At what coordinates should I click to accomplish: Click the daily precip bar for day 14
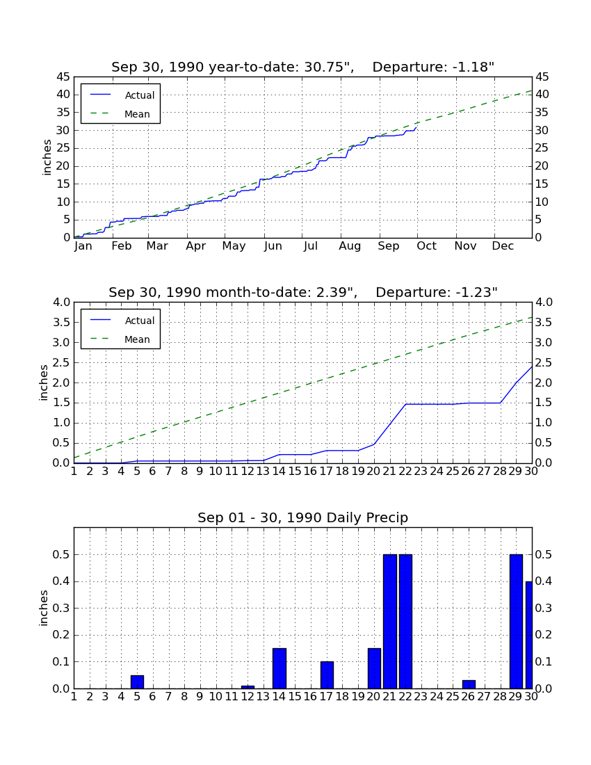click(x=280, y=668)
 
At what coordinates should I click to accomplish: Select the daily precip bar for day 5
click(x=137, y=682)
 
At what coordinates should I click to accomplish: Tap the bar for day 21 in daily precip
click(x=390, y=622)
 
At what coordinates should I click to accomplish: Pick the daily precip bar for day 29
click(x=516, y=622)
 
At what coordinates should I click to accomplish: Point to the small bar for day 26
click(x=469, y=684)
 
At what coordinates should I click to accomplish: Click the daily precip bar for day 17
click(x=327, y=675)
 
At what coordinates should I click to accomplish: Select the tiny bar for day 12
click(x=248, y=687)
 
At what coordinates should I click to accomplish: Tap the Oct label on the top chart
click(x=426, y=246)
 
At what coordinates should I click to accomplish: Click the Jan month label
click(x=83, y=246)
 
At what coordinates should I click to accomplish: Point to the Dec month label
click(x=503, y=246)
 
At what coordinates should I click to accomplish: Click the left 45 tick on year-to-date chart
click(x=63, y=77)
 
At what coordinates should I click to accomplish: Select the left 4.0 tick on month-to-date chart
click(x=61, y=303)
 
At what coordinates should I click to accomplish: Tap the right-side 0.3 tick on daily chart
click(x=544, y=609)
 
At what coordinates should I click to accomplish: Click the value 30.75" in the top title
click(x=329, y=67)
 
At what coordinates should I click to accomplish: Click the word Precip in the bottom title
click(x=387, y=518)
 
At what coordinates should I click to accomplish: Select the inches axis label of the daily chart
click(x=44, y=609)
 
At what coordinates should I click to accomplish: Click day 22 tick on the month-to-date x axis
click(x=405, y=472)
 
